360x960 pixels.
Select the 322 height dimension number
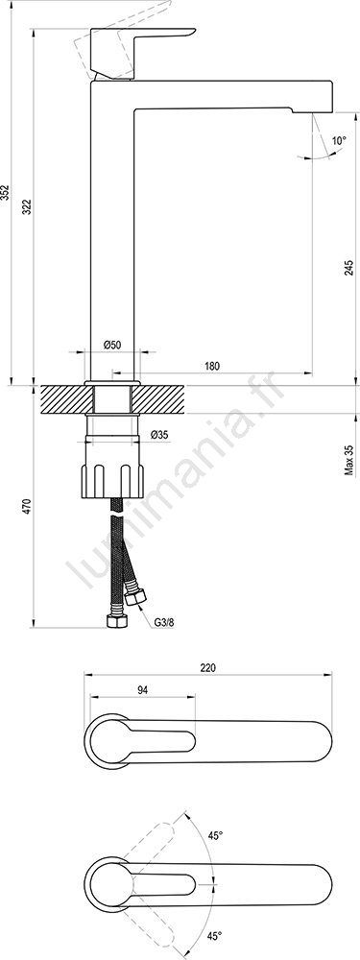point(27,207)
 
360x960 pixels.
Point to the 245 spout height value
point(348,269)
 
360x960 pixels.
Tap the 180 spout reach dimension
point(212,366)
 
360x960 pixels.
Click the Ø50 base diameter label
point(112,346)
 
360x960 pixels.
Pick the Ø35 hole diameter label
point(159,435)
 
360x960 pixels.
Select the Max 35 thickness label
point(349,461)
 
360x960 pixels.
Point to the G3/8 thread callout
point(164,622)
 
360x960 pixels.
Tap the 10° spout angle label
point(339,140)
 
